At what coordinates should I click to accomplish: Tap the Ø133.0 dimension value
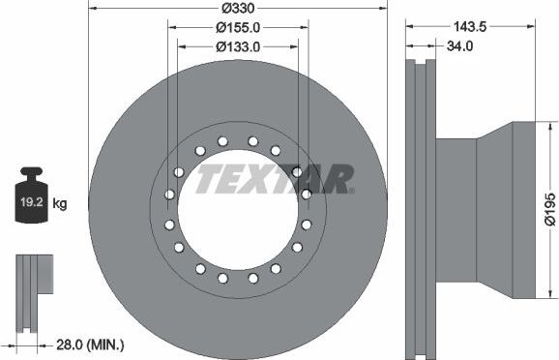point(238,45)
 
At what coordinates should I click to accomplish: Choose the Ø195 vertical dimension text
point(548,209)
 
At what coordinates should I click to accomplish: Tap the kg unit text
point(60,203)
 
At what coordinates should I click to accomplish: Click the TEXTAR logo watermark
point(276,179)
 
